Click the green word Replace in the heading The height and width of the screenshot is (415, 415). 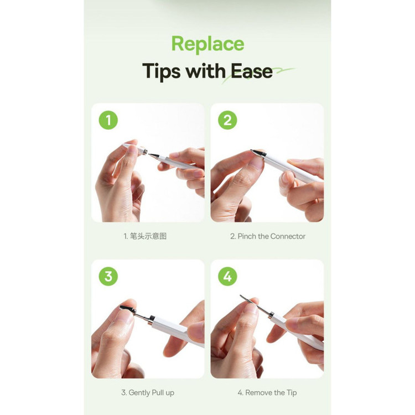coord(207,44)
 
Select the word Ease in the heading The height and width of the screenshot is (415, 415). coord(251,71)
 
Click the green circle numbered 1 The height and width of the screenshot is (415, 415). coord(108,120)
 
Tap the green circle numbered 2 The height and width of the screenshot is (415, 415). coord(227,120)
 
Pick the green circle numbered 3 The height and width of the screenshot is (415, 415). coord(108,276)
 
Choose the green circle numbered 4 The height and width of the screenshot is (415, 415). coord(227,276)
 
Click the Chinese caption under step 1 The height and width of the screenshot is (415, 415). coord(148,236)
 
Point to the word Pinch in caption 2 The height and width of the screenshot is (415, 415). coord(247,236)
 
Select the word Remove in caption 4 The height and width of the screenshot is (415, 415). coord(258,392)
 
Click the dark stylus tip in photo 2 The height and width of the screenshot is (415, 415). coord(257,153)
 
